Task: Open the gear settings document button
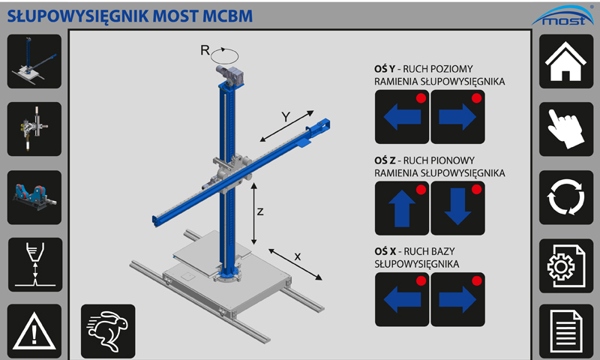(566, 264)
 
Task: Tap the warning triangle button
(34, 331)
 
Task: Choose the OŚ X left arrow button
(401, 298)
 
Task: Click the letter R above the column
(204, 50)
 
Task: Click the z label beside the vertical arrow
(260, 211)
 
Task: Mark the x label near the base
(298, 256)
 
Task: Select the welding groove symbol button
(34, 264)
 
